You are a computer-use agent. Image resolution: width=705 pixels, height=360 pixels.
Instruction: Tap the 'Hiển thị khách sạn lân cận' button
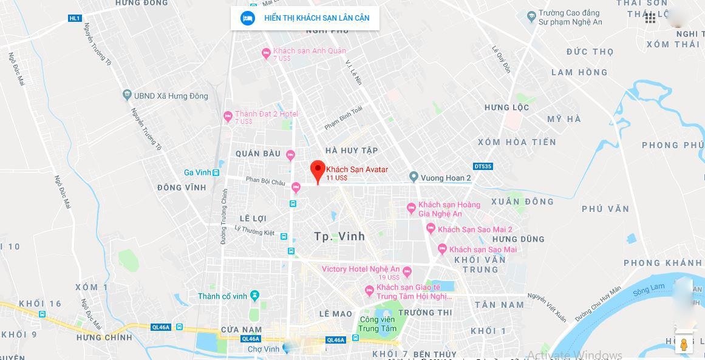click(x=305, y=18)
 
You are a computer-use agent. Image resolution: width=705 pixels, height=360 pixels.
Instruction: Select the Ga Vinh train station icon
click(x=217, y=172)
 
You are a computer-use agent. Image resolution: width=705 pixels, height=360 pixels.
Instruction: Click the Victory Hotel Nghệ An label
click(x=360, y=269)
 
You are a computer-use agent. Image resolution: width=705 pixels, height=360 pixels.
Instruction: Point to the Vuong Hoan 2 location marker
click(x=414, y=177)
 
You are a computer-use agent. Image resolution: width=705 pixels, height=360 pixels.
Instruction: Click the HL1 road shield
click(x=75, y=18)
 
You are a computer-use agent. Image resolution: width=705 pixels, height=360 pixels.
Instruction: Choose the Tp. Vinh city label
click(x=340, y=236)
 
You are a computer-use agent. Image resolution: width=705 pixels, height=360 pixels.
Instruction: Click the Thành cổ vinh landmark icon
click(x=254, y=296)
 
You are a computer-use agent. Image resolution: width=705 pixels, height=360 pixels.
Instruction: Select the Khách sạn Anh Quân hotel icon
click(x=266, y=53)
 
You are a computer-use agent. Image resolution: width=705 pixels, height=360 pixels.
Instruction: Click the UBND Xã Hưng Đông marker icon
click(x=127, y=95)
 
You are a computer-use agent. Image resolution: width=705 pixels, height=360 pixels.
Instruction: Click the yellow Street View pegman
click(x=684, y=345)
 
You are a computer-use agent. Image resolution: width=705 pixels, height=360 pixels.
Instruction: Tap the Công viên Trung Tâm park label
click(x=377, y=324)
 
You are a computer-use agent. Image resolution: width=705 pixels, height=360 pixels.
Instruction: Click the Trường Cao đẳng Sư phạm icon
click(x=531, y=15)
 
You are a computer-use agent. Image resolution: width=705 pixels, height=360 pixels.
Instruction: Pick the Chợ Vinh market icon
click(x=286, y=349)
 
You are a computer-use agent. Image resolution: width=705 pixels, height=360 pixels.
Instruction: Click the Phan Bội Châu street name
click(x=265, y=181)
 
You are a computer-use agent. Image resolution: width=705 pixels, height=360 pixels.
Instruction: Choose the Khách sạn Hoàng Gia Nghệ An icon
click(x=411, y=208)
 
